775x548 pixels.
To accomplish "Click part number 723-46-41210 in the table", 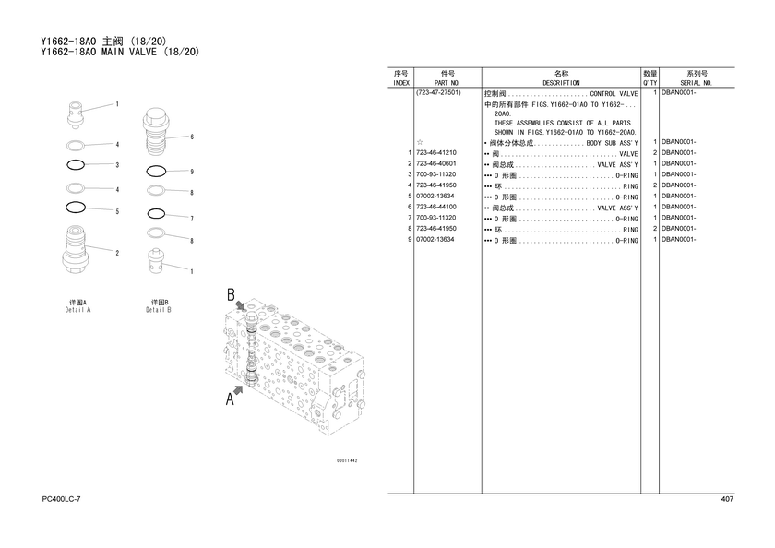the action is click(x=435, y=153).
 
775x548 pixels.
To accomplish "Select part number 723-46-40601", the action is click(x=435, y=163).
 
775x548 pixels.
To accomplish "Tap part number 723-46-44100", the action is click(x=435, y=207).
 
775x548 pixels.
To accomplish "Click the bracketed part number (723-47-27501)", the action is click(x=438, y=92).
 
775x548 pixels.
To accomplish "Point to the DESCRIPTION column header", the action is click(x=561, y=83).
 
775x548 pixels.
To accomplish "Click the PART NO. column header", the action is click(x=447, y=83).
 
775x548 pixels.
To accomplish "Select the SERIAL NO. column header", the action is click(x=696, y=83).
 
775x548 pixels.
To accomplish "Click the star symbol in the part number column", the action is click(x=420, y=142).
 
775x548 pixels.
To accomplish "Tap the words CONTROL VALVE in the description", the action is click(x=614, y=94).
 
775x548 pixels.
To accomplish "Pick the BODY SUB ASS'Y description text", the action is click(x=612, y=143).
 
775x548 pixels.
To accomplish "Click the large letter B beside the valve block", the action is click(x=231, y=294).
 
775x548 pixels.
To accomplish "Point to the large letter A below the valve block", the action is click(x=230, y=399).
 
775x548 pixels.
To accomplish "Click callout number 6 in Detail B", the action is click(x=192, y=137).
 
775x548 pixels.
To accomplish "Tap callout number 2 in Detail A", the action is click(x=117, y=253).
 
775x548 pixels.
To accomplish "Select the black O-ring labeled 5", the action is click(x=76, y=208).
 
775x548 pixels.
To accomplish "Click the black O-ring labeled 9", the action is click(x=156, y=172).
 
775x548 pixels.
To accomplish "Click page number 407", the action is click(x=727, y=499).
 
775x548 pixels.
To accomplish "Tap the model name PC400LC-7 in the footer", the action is click(x=61, y=499).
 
